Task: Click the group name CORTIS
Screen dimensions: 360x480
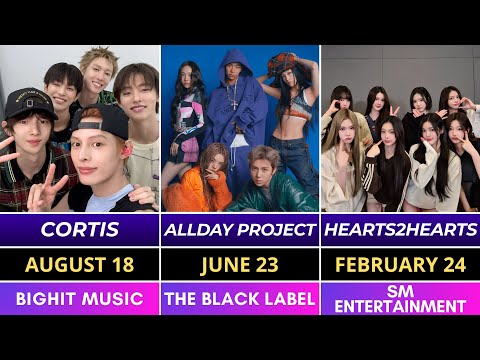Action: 80,229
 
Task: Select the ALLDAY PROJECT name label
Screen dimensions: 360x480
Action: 240,229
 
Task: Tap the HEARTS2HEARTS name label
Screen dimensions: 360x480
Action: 400,229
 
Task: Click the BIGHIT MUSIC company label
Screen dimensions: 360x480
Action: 80,298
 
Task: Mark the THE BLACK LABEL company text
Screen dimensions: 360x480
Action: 240,298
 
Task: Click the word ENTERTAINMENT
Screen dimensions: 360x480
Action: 400,306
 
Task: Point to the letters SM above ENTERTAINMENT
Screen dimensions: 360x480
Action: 400,290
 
